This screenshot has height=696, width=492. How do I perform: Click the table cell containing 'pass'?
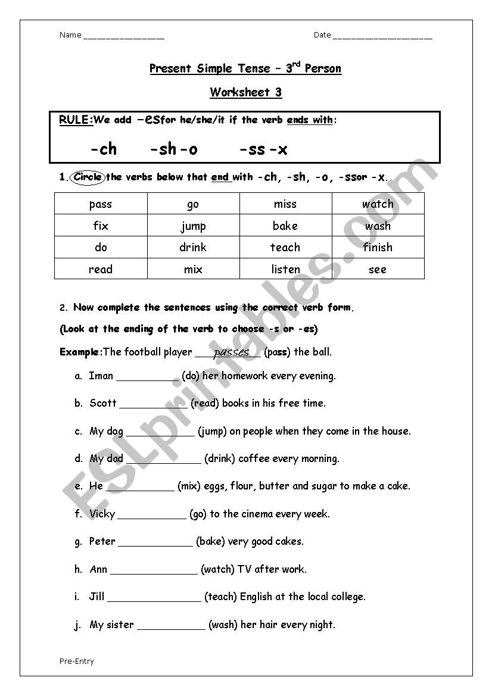101,204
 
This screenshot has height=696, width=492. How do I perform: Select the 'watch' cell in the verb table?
378,204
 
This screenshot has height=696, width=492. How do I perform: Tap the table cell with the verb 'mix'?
193,269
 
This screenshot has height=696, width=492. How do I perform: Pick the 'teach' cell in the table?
285,247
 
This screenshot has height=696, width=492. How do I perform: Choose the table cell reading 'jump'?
193,226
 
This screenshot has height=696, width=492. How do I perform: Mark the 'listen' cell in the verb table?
285,269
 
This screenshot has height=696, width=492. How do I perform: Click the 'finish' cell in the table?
378,247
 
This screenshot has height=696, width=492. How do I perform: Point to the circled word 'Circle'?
88,177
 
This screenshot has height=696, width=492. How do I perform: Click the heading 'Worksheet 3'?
245,92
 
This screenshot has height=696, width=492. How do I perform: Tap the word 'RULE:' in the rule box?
76,120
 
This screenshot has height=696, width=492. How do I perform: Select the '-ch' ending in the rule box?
103,149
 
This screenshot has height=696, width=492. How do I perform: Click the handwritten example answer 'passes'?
231,352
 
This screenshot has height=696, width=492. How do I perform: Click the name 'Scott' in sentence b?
103,403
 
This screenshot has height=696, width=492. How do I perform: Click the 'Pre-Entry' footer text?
76,661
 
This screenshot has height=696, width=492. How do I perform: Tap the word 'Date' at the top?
322,35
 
